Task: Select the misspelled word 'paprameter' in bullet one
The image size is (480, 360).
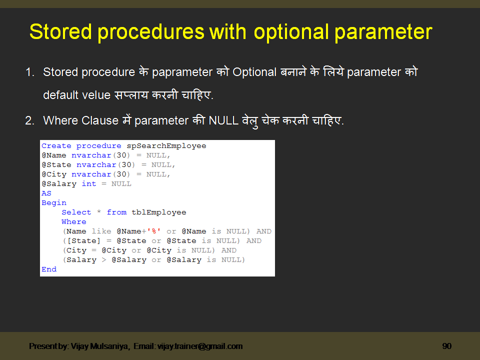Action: click(182, 72)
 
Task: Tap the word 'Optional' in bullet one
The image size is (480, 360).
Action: click(254, 72)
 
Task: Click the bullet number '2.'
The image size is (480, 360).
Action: click(30, 120)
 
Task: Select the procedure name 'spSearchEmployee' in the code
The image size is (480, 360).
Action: click(166, 146)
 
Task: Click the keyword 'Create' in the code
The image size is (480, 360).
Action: click(56, 146)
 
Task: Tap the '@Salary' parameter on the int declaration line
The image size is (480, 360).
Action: click(59, 184)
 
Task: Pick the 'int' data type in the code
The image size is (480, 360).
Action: click(88, 184)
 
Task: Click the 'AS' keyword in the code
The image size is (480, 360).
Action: click(46, 193)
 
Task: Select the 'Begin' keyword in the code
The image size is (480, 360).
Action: click(54, 203)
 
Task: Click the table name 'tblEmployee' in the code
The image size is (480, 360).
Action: click(158, 212)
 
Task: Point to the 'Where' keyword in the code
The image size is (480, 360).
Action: click(74, 222)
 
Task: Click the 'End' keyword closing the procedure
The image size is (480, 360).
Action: click(49, 269)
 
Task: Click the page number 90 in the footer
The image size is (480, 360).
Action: click(446, 346)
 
